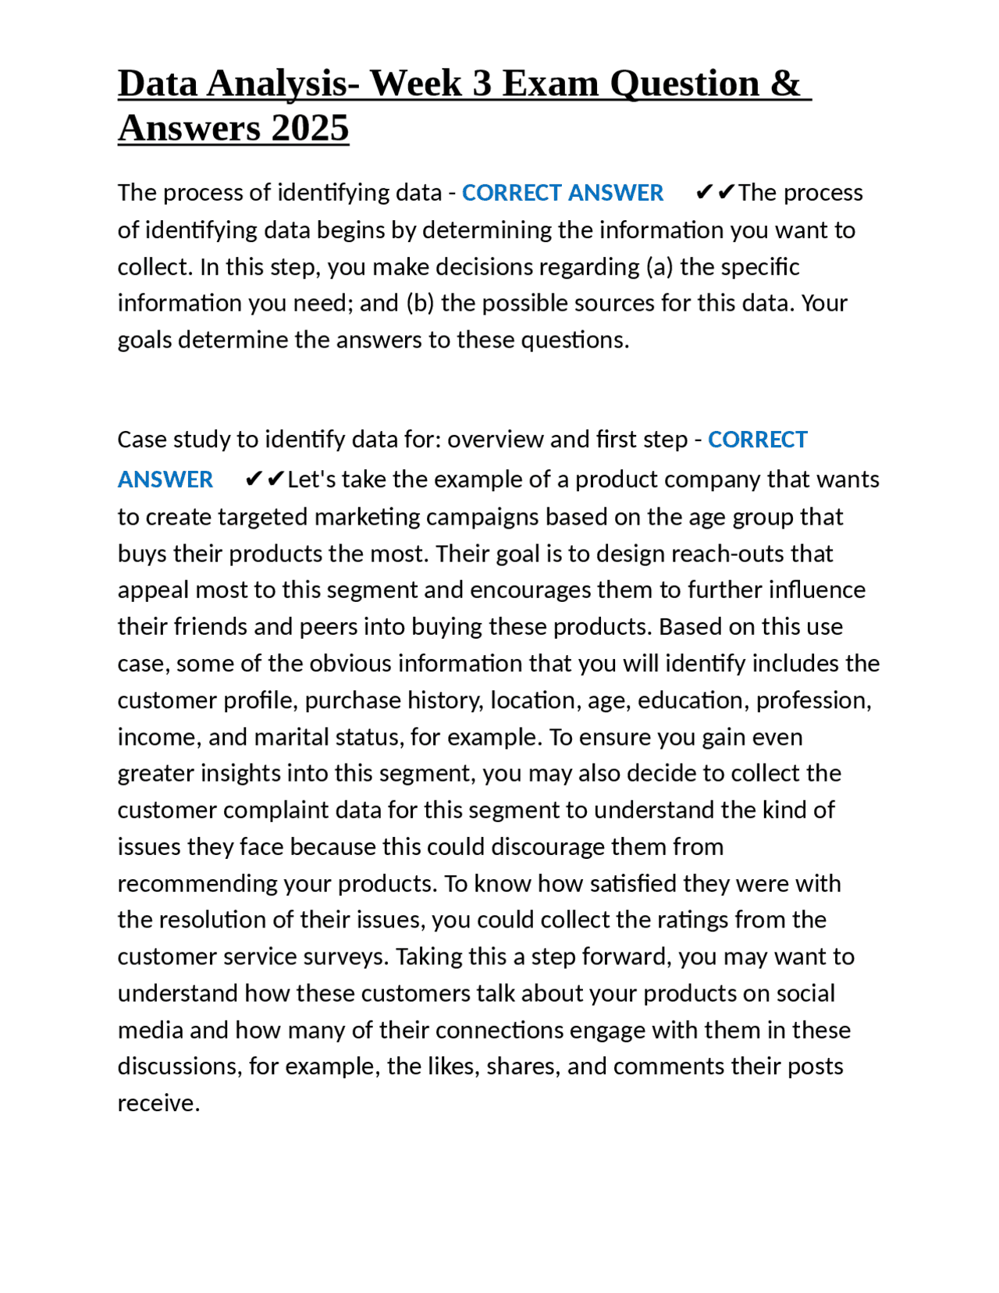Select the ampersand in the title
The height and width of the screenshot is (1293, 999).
785,84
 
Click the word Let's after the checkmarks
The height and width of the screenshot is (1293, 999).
309,479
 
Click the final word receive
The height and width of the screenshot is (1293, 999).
158,1103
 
